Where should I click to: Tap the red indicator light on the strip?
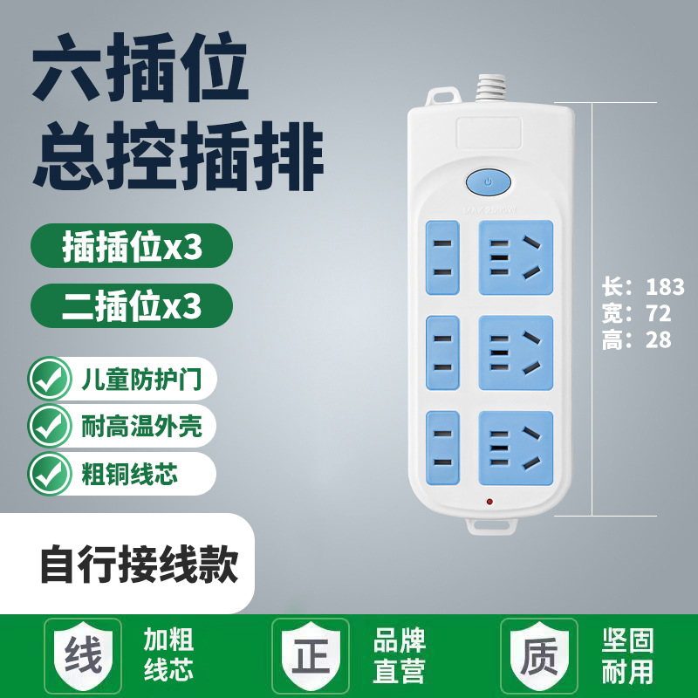tap(489, 502)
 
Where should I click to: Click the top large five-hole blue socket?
tap(515, 257)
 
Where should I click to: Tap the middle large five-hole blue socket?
tap(515, 352)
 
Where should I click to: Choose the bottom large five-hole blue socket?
tap(515, 447)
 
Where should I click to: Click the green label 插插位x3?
tap(132, 248)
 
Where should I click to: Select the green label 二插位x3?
tap(132, 306)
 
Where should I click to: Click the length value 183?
tap(665, 287)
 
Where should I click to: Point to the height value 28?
tap(659, 340)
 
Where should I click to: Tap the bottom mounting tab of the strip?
tap(490, 527)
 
